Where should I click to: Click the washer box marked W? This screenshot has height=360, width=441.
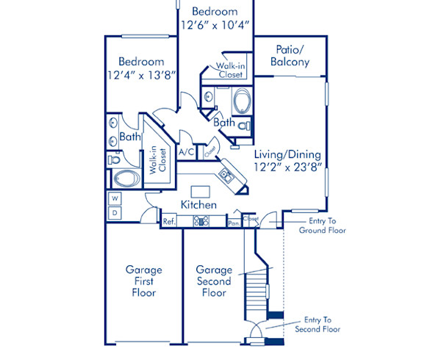coord(115,198)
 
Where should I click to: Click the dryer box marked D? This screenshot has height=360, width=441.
coord(115,213)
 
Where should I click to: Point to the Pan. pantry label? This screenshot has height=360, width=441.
coord(233,222)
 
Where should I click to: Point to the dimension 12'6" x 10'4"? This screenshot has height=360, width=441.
coord(215,25)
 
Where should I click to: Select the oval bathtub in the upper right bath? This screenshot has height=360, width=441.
coord(241,101)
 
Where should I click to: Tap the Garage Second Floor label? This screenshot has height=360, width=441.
coord(214,281)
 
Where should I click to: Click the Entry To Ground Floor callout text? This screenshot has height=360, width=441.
coord(322,224)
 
